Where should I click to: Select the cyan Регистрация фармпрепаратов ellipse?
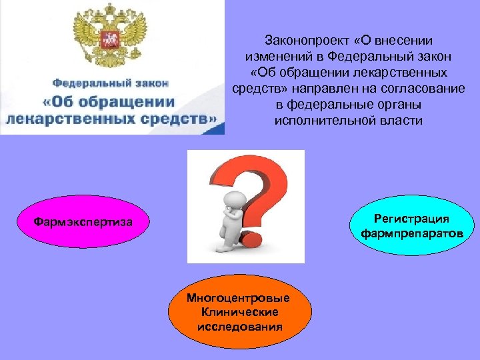point(411,226)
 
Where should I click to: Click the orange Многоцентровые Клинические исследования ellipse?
point(239,312)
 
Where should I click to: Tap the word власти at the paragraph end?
point(403,121)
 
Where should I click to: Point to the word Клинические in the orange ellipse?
point(239,312)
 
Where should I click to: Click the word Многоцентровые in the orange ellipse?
point(239,298)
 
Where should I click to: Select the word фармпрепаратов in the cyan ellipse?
point(411,233)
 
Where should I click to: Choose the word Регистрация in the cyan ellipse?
point(411,219)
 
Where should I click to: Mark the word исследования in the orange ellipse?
point(239,326)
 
